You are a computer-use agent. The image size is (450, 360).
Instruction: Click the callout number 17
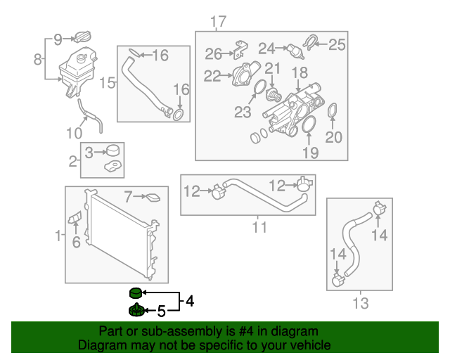pyautogui.click(x=218, y=22)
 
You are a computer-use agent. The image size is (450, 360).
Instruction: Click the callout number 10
pyautogui.click(x=75, y=132)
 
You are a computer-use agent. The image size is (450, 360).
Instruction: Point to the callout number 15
pyautogui.click(x=107, y=83)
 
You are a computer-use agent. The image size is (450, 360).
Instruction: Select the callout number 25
pyautogui.click(x=337, y=45)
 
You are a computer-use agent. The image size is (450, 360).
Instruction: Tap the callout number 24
pyautogui.click(x=266, y=49)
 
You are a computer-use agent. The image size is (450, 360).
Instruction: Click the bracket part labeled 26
pyautogui.click(x=240, y=49)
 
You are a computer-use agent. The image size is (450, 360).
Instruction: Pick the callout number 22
pyautogui.click(x=212, y=75)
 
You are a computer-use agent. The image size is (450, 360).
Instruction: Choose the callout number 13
pyautogui.click(x=360, y=303)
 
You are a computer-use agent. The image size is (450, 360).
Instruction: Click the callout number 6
pyautogui.click(x=76, y=242)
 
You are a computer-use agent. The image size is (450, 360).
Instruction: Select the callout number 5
pyautogui.click(x=161, y=310)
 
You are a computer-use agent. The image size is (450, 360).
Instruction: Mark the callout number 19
pyautogui.click(x=310, y=152)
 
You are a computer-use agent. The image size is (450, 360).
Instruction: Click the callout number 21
pyautogui.click(x=272, y=69)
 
